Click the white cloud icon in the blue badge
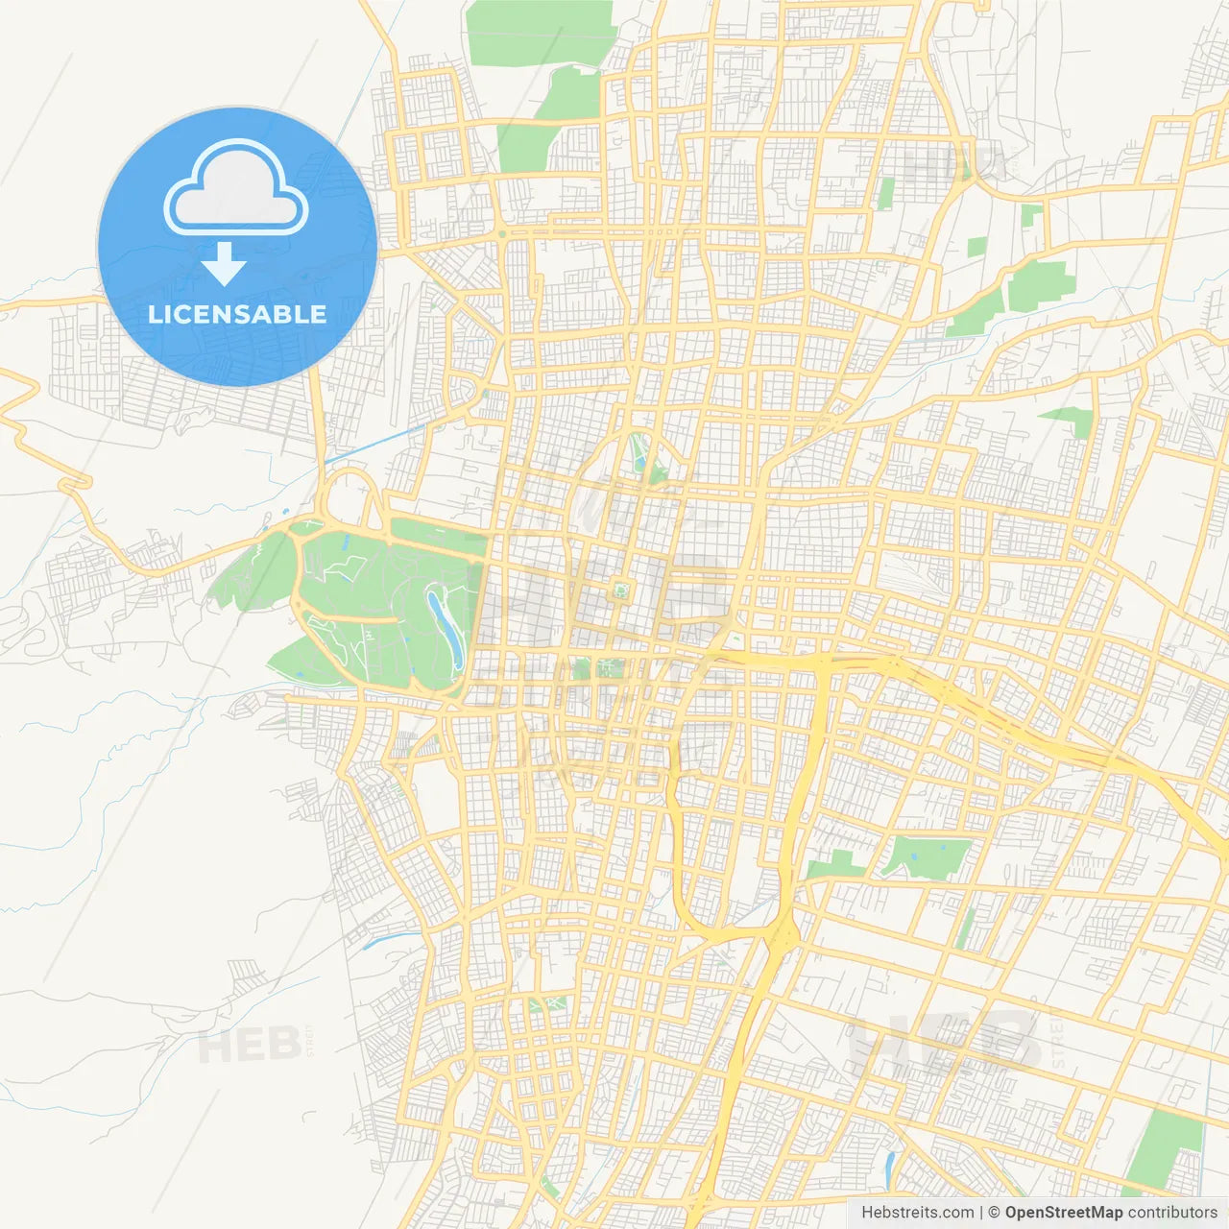[x=236, y=186]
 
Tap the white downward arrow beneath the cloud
[x=225, y=264]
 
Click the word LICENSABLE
[x=237, y=314]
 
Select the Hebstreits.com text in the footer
[x=917, y=1213]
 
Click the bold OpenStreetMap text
[x=1063, y=1213]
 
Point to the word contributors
[x=1172, y=1213]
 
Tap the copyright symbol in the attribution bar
[x=995, y=1213]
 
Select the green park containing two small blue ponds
[x=928, y=855]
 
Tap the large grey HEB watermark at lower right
[x=946, y=1042]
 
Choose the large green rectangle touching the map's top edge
[x=541, y=33]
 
